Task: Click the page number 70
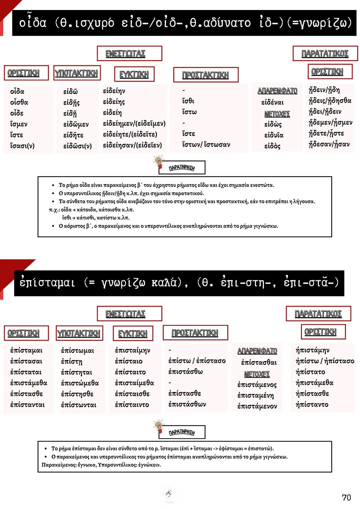point(346,497)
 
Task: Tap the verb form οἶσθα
point(19,102)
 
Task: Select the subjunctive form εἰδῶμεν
point(76,124)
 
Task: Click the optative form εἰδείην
point(114,91)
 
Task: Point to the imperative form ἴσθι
point(188,101)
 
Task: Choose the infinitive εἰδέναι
point(272,102)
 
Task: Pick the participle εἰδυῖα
point(274,135)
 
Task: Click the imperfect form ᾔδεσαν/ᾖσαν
point(329,144)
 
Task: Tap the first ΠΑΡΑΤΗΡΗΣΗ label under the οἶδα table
point(182,168)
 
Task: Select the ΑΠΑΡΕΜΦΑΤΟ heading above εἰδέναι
point(277,91)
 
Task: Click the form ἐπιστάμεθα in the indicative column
point(29,383)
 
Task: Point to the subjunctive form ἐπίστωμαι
point(77,350)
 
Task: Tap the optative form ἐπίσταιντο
point(132,405)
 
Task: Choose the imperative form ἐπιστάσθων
point(187,404)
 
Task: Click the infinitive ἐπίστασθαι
point(259,362)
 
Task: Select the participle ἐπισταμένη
point(255,395)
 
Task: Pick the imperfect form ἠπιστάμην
point(312,350)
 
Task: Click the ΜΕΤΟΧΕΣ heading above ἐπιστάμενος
point(257,374)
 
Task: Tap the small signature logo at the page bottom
point(169,493)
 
